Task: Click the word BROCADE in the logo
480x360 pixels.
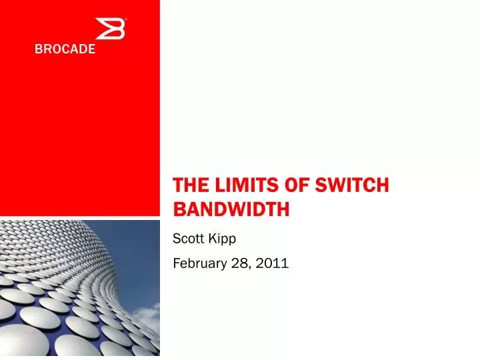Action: [x=65, y=49]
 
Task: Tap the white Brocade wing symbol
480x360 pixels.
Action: [x=110, y=30]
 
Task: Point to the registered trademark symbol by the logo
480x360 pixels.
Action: [x=126, y=19]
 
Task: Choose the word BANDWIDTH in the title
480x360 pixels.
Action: [x=231, y=210]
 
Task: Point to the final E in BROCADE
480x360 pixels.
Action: [x=91, y=49]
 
